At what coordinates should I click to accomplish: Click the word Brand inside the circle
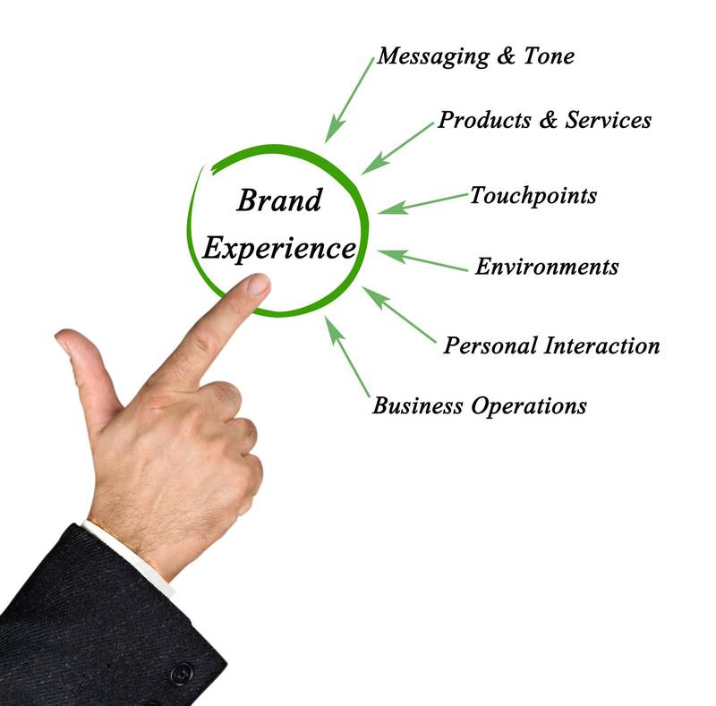[x=278, y=200]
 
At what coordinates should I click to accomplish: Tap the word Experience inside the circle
[x=278, y=248]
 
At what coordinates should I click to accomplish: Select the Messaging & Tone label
[x=475, y=56]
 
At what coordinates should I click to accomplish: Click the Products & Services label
[x=544, y=120]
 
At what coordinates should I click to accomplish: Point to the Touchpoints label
[x=533, y=195]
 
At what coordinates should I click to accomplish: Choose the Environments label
[x=546, y=267]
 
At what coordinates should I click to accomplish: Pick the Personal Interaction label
[x=551, y=345]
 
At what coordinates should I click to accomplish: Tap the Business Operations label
[x=480, y=405]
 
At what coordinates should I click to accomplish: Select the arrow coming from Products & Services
[x=397, y=149]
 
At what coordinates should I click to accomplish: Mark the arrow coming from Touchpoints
[x=422, y=202]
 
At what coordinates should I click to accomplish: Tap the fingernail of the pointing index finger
[x=257, y=285]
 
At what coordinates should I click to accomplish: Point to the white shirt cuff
[x=134, y=555]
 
